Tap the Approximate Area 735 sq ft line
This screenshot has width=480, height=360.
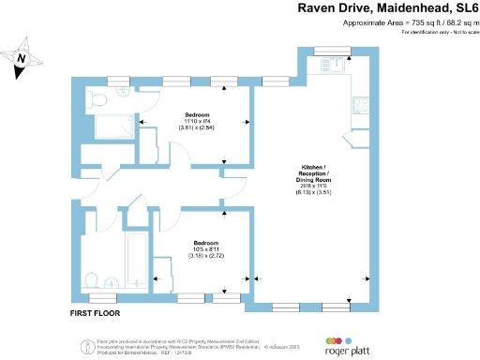397,22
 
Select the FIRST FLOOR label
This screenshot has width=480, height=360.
97,311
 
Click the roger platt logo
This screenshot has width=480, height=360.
347,346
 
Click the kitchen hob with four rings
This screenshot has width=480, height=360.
360,105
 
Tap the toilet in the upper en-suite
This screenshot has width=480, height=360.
97,97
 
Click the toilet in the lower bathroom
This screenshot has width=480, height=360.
91,278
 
